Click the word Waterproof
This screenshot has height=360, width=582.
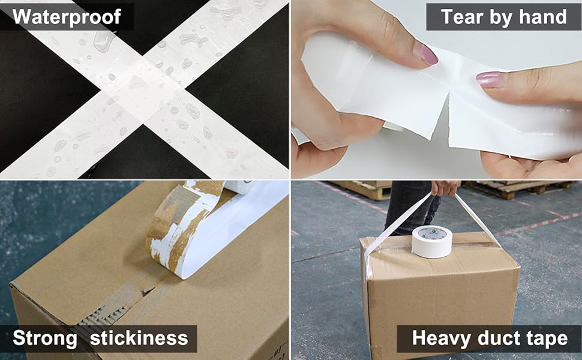click(x=67, y=17)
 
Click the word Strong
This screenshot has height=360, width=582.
click(x=45, y=338)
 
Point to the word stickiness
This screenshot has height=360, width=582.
click(x=139, y=338)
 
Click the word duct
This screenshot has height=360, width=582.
click(x=499, y=338)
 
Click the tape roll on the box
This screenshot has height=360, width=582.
click(x=432, y=241)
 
